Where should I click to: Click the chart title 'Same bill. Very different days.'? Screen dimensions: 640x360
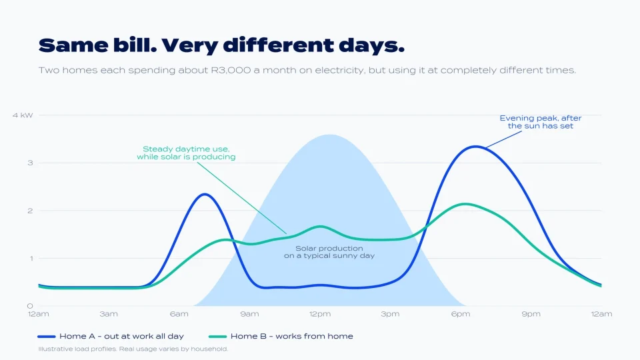221,46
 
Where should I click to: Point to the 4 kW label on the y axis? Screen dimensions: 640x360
23,115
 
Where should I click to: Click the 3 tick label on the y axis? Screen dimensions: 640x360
30,163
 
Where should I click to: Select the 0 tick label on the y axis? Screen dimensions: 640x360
30,306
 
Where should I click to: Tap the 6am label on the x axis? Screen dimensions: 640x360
179,314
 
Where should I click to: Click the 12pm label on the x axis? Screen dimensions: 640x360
320,314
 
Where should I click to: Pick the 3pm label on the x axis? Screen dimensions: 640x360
390,314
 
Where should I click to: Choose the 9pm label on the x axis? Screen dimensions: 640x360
531,314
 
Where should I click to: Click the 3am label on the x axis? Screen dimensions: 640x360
109,314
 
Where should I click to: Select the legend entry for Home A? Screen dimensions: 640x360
111,336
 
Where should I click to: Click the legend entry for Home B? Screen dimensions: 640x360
281,336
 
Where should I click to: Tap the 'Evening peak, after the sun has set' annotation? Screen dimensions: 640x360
541,122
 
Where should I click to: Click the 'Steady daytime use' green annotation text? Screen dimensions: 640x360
186,153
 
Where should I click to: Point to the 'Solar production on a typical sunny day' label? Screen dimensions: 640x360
329,252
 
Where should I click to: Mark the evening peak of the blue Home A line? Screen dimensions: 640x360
475,146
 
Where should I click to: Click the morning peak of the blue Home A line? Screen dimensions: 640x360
205,194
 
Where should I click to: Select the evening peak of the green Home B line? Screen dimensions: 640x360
465,204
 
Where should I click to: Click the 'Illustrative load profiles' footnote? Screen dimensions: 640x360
133,349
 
